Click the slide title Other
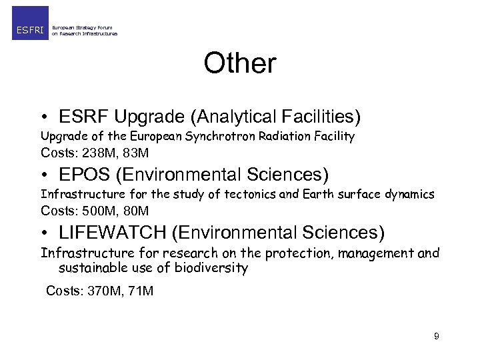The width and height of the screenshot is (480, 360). (x=239, y=63)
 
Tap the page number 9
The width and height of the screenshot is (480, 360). (x=436, y=336)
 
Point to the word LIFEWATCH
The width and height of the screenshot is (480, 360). (x=111, y=233)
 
